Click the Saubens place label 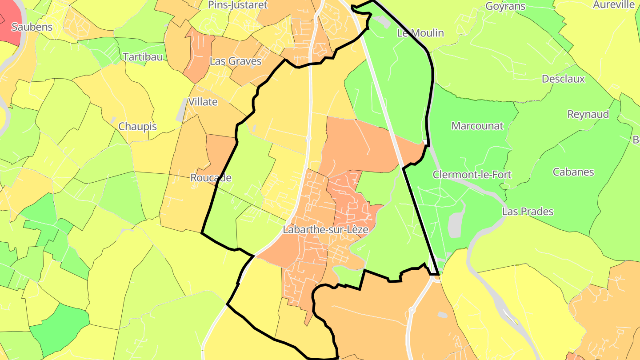(32, 27)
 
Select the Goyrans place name (505, 6)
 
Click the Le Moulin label (420, 33)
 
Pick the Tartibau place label (143, 56)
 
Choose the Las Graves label (235, 61)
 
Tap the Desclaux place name (563, 79)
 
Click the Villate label (203, 102)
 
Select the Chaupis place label (137, 127)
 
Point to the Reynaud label (588, 114)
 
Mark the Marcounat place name (477, 126)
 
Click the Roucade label (211, 178)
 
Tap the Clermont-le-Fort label (472, 175)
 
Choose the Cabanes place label (573, 172)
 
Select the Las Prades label (528, 212)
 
